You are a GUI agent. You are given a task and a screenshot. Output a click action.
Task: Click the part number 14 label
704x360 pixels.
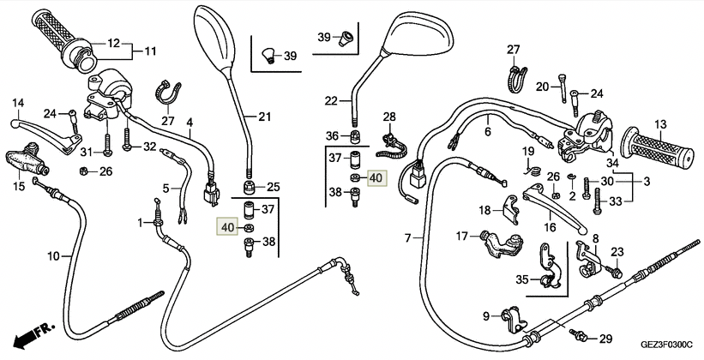16,105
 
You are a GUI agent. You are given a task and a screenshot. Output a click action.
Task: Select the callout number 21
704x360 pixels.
264,117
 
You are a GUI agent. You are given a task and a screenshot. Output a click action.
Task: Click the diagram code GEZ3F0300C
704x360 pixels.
658,345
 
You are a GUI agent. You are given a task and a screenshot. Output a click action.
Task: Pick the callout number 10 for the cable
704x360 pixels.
52,255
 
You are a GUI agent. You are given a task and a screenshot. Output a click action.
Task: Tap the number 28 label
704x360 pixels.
389,117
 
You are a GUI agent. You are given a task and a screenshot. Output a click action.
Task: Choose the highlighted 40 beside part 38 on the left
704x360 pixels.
227,227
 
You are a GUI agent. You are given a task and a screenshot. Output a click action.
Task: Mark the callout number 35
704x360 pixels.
522,279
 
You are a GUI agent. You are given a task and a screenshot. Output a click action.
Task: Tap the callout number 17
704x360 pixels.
461,237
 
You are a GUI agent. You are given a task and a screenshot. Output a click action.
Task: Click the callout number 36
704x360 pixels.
332,135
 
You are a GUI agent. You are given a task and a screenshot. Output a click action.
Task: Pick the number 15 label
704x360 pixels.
16,186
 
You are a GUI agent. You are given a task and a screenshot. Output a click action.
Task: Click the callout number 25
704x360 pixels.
274,187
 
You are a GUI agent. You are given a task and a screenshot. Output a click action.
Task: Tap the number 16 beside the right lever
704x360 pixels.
550,228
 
